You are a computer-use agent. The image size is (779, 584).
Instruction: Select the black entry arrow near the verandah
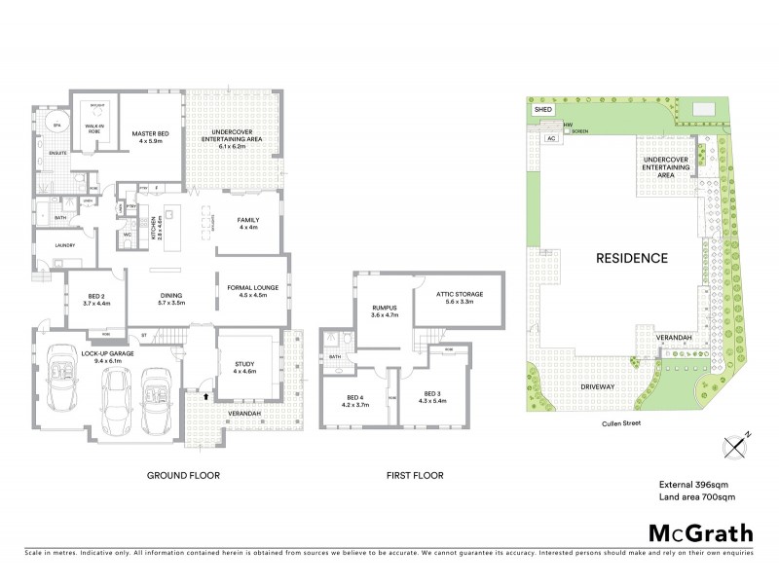point(205,396)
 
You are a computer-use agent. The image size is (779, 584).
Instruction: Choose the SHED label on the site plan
point(543,111)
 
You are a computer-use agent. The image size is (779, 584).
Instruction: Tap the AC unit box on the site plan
point(550,138)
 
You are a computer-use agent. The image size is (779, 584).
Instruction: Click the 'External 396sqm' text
point(693,484)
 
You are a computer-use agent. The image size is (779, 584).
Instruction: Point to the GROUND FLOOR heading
point(183,476)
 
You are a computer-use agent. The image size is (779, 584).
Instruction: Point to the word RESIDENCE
point(631,259)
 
